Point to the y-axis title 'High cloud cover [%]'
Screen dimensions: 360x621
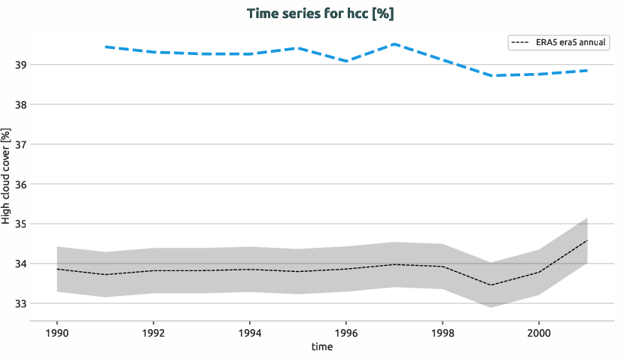[7, 176]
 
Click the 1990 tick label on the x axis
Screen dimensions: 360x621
[57, 331]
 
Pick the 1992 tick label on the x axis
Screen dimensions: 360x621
[154, 331]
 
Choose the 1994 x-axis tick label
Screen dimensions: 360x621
[250, 331]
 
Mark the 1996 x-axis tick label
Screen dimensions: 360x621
[346, 331]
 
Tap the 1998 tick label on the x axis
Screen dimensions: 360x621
[442, 331]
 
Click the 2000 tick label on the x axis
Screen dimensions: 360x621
[538, 331]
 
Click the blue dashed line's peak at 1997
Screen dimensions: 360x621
[394, 44]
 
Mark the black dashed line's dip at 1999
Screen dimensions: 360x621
[490, 285]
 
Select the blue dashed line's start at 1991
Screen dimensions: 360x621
[105, 47]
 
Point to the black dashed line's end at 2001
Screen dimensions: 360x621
[586, 240]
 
